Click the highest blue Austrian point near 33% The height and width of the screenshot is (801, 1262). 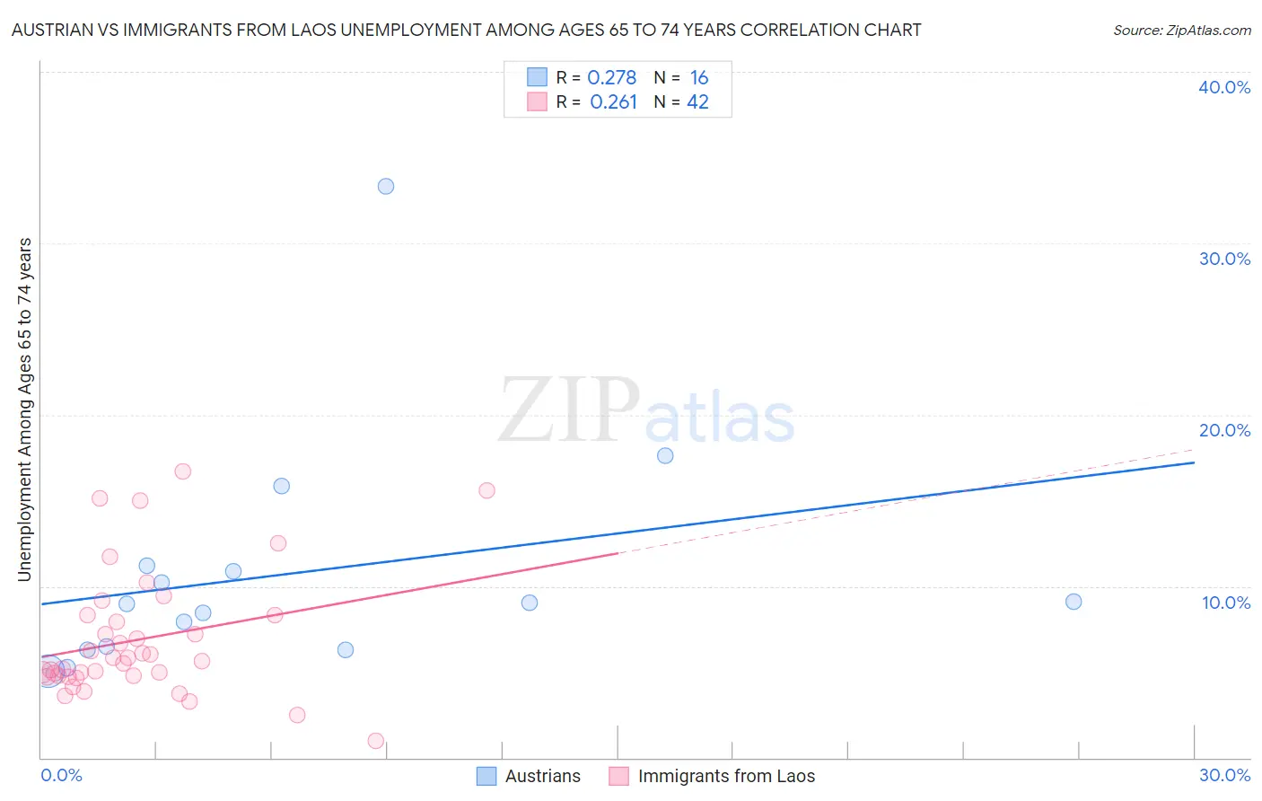pyautogui.click(x=386, y=187)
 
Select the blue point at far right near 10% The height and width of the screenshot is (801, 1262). pyautogui.click(x=1074, y=602)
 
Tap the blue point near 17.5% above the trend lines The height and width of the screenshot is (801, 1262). pyautogui.click(x=665, y=456)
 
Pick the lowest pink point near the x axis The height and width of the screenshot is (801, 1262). pyautogui.click(x=376, y=741)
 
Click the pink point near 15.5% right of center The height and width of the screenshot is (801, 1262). pyautogui.click(x=486, y=490)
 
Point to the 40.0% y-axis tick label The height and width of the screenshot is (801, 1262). pyautogui.click(x=1224, y=87)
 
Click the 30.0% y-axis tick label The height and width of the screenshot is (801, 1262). pyautogui.click(x=1224, y=259)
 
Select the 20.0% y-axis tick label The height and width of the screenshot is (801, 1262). pyautogui.click(x=1224, y=430)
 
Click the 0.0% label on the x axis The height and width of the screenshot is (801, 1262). pyautogui.click(x=61, y=775)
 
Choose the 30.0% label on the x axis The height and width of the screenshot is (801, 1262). pyautogui.click(x=1224, y=775)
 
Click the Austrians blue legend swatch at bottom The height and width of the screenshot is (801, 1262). pyautogui.click(x=486, y=776)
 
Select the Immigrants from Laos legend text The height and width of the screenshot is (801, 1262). pyautogui.click(x=726, y=776)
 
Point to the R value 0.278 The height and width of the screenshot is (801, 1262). pyautogui.click(x=611, y=78)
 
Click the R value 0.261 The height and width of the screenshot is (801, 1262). pyautogui.click(x=613, y=102)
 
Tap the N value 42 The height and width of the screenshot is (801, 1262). pyautogui.click(x=697, y=102)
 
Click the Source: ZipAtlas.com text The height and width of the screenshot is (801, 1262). pyautogui.click(x=1181, y=31)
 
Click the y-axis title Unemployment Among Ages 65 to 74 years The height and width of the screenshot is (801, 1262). pyautogui.click(x=25, y=409)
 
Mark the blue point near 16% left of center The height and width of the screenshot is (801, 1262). pyautogui.click(x=282, y=486)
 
